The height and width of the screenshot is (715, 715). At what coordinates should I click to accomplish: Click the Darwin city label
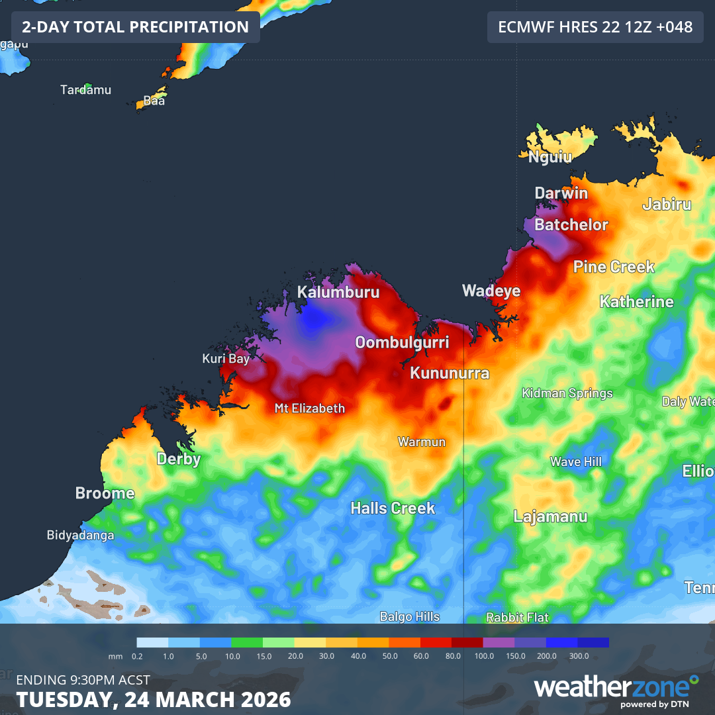[x=561, y=193]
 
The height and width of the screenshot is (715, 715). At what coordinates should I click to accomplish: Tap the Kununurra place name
[x=450, y=373]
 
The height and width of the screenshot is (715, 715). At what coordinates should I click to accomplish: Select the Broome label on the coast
[x=105, y=493]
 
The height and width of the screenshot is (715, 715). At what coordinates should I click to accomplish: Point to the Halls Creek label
[x=393, y=508]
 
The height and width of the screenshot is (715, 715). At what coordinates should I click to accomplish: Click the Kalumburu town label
[x=338, y=292]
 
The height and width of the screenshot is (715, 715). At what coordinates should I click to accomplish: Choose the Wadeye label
[x=491, y=291]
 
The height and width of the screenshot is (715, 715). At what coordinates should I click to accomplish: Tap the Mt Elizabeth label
[x=310, y=408]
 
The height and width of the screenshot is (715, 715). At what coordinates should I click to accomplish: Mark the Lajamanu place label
[x=550, y=516]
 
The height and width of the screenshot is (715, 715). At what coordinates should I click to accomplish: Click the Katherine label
[x=636, y=302]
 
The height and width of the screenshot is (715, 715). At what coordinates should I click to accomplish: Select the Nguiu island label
[x=549, y=157]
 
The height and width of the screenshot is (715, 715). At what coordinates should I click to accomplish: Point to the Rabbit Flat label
[x=517, y=618]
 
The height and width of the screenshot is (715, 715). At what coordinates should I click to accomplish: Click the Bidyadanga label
[x=80, y=535]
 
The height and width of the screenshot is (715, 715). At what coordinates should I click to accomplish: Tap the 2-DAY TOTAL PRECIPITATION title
[x=135, y=27]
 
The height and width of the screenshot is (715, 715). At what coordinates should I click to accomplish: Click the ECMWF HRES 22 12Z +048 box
[x=595, y=27]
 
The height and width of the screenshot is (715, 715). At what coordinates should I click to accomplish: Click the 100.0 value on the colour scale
[x=483, y=656]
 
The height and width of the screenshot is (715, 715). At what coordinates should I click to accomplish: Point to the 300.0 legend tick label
[x=578, y=656]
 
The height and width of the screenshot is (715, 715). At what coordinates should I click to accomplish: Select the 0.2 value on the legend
[x=137, y=656]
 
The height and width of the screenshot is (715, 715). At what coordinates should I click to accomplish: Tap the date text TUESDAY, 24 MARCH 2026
[x=154, y=699]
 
